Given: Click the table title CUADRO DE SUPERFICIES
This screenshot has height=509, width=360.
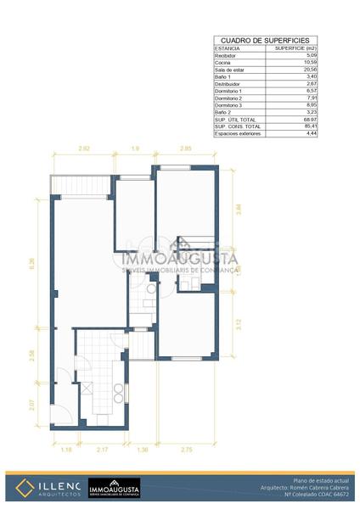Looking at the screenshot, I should pyautogui.click(x=265, y=40).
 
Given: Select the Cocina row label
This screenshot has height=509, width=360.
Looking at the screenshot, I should pyautogui.click(x=224, y=61).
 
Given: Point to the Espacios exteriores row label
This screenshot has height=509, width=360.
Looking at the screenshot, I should pyautogui.click(x=237, y=134).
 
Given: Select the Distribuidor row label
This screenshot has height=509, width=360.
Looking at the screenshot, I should pyautogui.click(x=229, y=83).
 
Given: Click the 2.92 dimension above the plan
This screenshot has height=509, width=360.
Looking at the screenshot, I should pyautogui.click(x=84, y=149).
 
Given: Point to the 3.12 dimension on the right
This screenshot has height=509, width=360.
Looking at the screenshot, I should pyautogui.click(x=239, y=322).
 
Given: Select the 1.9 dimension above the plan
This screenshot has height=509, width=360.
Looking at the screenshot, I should pyautogui.click(x=135, y=149).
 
